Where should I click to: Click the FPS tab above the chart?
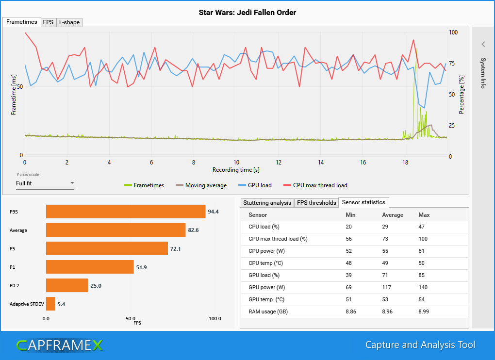point(48,22)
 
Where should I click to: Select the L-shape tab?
point(68,22)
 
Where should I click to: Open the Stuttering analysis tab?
point(267,202)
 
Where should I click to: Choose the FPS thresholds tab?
point(316,202)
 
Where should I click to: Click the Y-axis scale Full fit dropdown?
point(45,183)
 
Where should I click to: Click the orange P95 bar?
point(126,212)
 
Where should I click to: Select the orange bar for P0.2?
point(67,285)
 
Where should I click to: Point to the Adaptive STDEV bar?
point(50,304)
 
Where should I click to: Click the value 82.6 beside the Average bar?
point(194,230)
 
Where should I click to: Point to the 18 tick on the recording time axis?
point(405,163)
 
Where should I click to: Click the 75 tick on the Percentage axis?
point(452,64)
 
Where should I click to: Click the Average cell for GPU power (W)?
point(388,287)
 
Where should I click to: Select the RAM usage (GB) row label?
point(268,311)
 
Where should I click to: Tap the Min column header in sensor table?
point(350,215)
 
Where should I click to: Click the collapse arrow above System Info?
point(483,44)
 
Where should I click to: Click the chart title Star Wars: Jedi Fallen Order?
point(247,13)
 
